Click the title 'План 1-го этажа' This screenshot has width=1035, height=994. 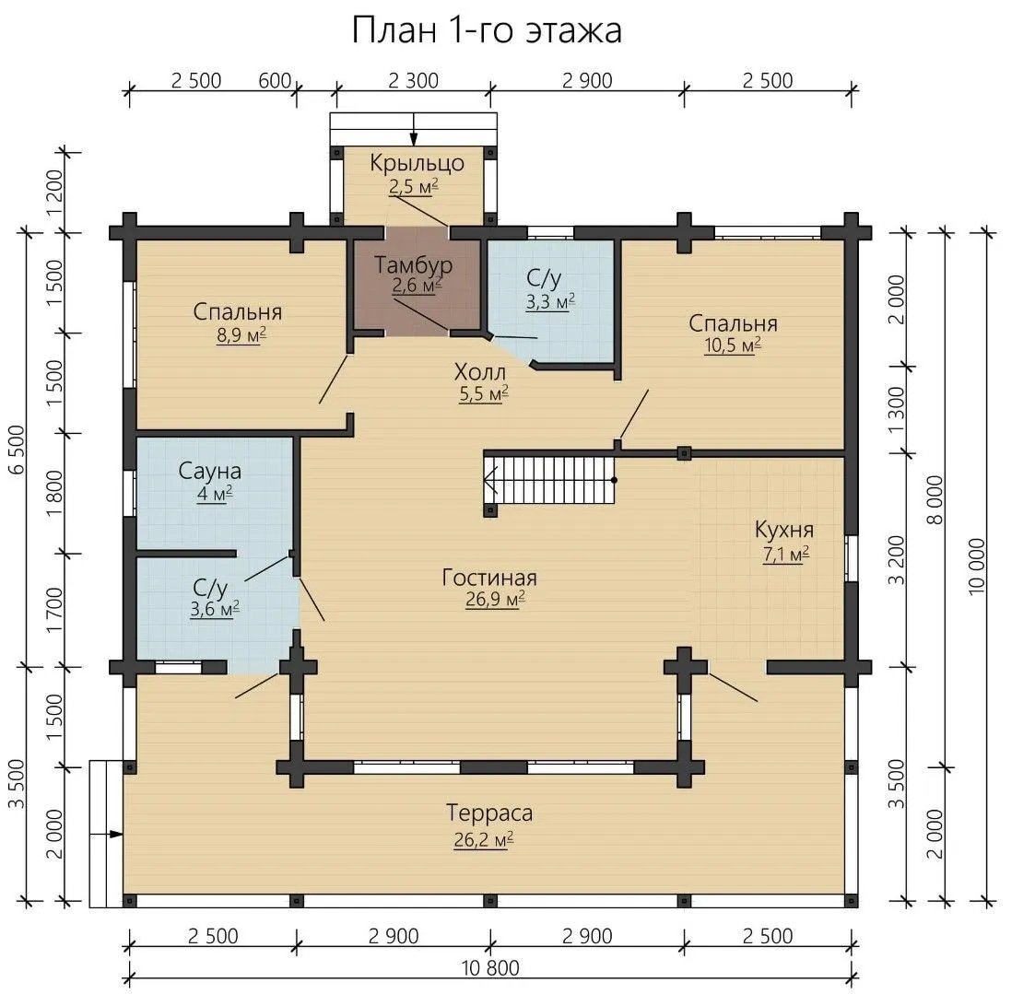point(487,30)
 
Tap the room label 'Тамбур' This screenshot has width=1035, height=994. point(413,264)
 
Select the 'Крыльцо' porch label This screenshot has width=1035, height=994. point(417,163)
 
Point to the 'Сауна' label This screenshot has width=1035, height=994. point(209,471)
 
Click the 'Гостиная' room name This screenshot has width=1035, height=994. point(489,578)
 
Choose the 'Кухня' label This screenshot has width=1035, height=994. point(784,531)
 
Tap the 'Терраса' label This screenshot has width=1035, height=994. point(489,813)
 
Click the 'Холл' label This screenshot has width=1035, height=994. point(480,372)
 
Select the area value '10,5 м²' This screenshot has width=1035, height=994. point(733,345)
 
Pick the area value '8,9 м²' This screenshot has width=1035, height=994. point(241,335)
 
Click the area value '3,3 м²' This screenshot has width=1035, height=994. point(550,302)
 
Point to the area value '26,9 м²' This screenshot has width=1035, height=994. point(495,600)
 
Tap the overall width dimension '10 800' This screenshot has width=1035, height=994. point(489,967)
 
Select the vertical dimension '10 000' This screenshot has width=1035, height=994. point(977,566)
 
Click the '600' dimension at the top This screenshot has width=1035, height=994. point(275,80)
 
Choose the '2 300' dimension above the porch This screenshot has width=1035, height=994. point(413,80)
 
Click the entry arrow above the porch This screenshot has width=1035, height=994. point(414,129)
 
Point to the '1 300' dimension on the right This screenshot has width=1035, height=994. point(897,410)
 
